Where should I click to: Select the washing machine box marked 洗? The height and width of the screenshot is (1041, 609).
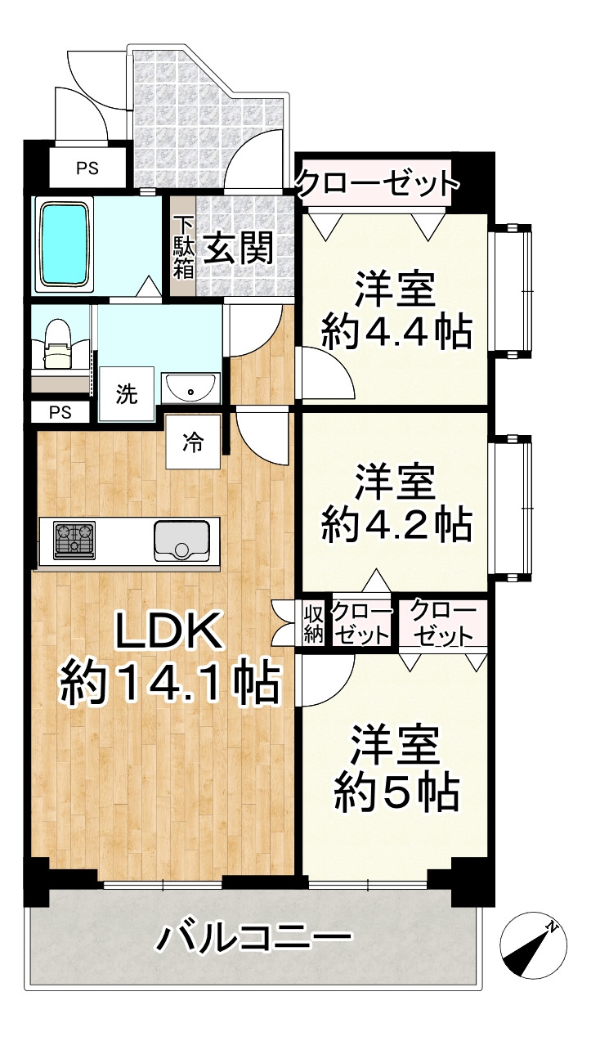[x=126, y=394]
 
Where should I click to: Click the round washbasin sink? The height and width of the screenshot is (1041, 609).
[x=190, y=387]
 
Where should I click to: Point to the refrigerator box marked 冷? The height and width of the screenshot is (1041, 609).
[x=192, y=442]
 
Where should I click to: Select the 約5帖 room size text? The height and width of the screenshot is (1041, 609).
[x=396, y=791]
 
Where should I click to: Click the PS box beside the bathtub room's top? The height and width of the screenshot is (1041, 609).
[x=87, y=169]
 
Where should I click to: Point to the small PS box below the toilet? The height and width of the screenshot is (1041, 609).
[x=60, y=411]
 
